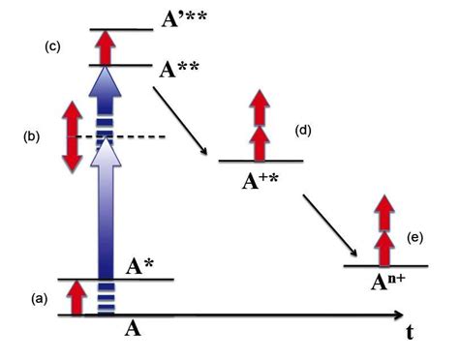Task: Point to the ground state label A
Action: [135, 328]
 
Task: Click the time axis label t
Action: [411, 333]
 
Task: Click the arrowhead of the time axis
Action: [397, 315]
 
